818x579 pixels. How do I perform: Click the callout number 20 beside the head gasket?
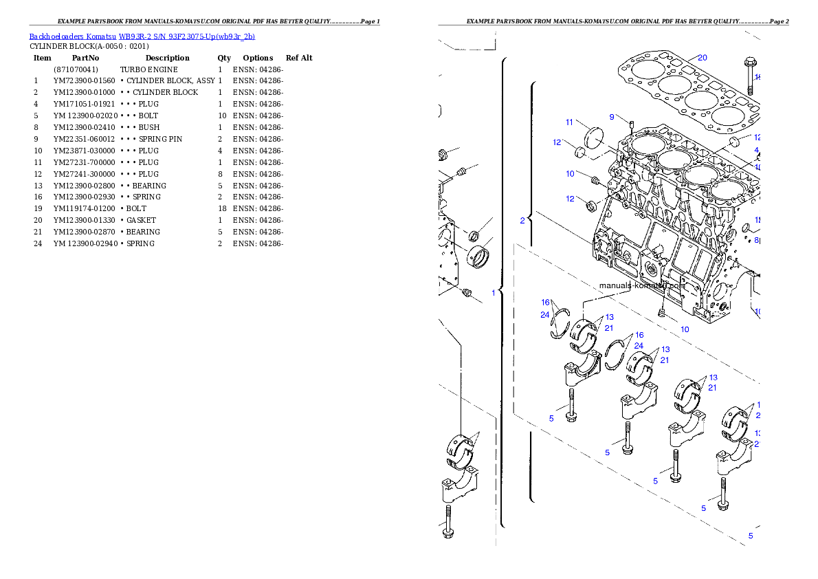point(702,58)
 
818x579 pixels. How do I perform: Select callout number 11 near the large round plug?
point(569,122)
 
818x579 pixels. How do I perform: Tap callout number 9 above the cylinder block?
point(611,117)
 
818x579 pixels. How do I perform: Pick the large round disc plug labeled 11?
point(593,137)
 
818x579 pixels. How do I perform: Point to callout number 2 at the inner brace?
point(522,221)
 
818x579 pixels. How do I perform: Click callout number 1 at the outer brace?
point(493,292)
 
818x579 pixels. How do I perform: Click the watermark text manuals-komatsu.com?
point(642,286)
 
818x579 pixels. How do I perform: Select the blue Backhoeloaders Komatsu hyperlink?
point(142,36)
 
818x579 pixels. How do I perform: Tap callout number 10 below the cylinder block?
point(685,329)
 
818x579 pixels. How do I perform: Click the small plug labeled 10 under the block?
point(662,313)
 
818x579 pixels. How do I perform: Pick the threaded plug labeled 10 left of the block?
point(596,182)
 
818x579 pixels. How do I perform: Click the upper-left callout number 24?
point(544,315)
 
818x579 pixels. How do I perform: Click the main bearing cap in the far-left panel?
point(458,487)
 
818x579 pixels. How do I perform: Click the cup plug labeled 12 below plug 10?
point(590,205)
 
